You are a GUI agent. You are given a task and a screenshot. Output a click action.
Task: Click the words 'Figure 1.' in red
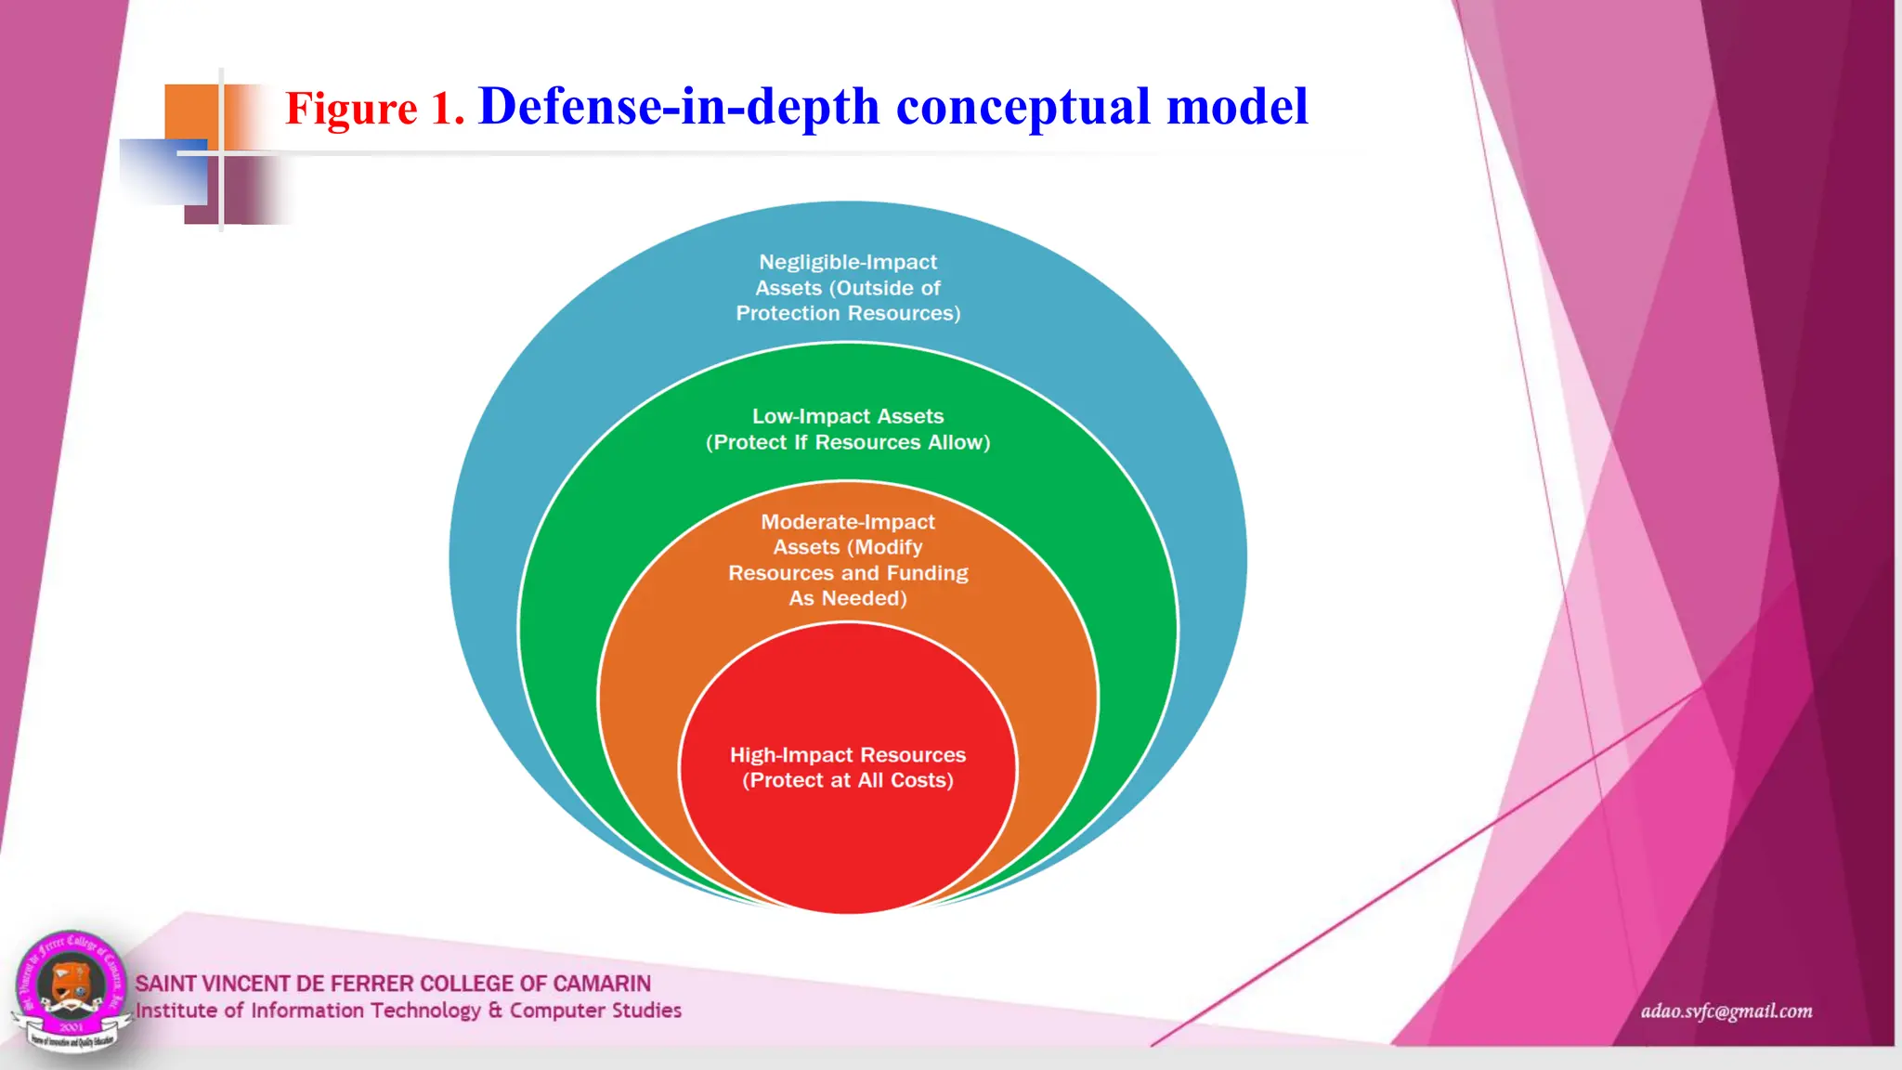pyautogui.click(x=373, y=109)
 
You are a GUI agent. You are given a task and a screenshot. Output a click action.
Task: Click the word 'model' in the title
pyautogui.click(x=1237, y=107)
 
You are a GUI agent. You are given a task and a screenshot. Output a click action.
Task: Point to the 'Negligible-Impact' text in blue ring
pyautogui.click(x=847, y=262)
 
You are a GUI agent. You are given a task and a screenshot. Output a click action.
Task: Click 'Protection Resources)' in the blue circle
pyautogui.click(x=847, y=314)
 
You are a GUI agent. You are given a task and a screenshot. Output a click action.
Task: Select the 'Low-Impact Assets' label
pyautogui.click(x=847, y=416)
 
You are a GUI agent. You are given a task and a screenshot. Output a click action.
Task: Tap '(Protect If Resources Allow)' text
pyautogui.click(x=847, y=442)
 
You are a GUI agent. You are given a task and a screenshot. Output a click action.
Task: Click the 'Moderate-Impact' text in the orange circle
pyautogui.click(x=847, y=522)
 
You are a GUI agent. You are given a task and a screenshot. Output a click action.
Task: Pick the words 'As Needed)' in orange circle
pyautogui.click(x=847, y=598)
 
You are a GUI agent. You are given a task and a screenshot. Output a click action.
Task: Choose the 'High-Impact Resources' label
pyautogui.click(x=847, y=755)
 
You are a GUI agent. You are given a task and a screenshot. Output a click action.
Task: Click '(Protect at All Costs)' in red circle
pyautogui.click(x=847, y=780)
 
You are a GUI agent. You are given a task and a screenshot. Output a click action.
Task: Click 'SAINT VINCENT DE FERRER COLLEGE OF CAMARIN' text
pyautogui.click(x=393, y=984)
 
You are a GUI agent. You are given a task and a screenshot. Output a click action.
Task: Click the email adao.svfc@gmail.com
pyautogui.click(x=1726, y=1011)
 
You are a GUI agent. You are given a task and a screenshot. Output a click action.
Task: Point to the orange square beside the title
pyautogui.click(x=190, y=112)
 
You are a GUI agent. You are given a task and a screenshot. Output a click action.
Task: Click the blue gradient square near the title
pyautogui.click(x=163, y=173)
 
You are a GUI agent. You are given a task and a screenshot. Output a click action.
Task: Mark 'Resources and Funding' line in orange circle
pyautogui.click(x=847, y=573)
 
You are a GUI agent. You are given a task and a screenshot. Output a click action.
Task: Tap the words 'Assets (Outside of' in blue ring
pyautogui.click(x=847, y=288)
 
